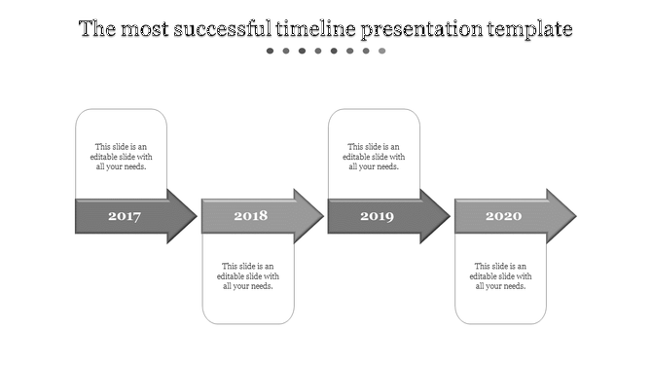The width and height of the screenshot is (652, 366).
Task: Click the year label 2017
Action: tap(125, 216)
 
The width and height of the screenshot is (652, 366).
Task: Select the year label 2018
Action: tap(250, 216)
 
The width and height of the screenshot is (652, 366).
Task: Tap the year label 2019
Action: tap(377, 216)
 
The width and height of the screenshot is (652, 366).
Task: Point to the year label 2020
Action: tap(503, 216)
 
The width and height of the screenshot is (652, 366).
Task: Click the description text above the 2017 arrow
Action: tap(122, 157)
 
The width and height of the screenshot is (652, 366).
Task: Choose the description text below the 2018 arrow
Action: tap(248, 275)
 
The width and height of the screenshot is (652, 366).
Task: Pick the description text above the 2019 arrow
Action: tap(375, 157)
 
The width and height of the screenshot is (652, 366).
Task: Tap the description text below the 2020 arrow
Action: tap(501, 275)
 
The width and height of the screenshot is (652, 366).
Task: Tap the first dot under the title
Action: tap(271, 51)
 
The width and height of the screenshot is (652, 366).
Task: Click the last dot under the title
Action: tap(382, 51)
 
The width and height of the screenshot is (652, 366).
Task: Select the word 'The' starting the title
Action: tap(97, 29)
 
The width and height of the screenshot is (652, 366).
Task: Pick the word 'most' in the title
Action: tap(144, 29)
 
